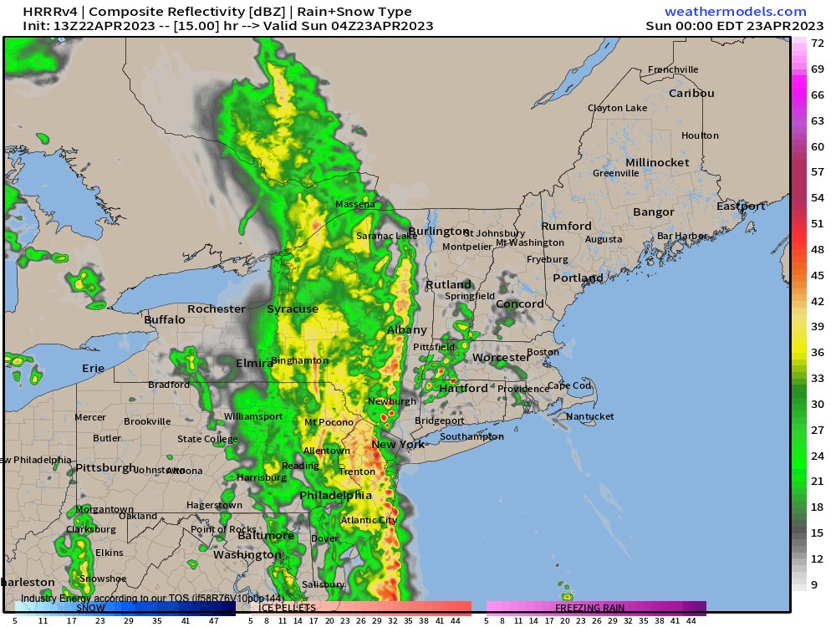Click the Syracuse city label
[293, 309]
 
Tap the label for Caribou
[691, 94]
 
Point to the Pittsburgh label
[105, 468]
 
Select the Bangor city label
[653, 212]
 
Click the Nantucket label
[589, 416]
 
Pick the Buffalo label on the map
[165, 320]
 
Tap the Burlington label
[439, 232]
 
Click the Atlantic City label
[369, 521]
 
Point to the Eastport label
[741, 206]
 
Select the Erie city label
[94, 369]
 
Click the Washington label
[247, 555]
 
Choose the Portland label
[578, 278]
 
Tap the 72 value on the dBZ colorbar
[818, 43]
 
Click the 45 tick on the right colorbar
[818, 275]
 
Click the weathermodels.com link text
[736, 12]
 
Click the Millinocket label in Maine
[657, 162]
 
